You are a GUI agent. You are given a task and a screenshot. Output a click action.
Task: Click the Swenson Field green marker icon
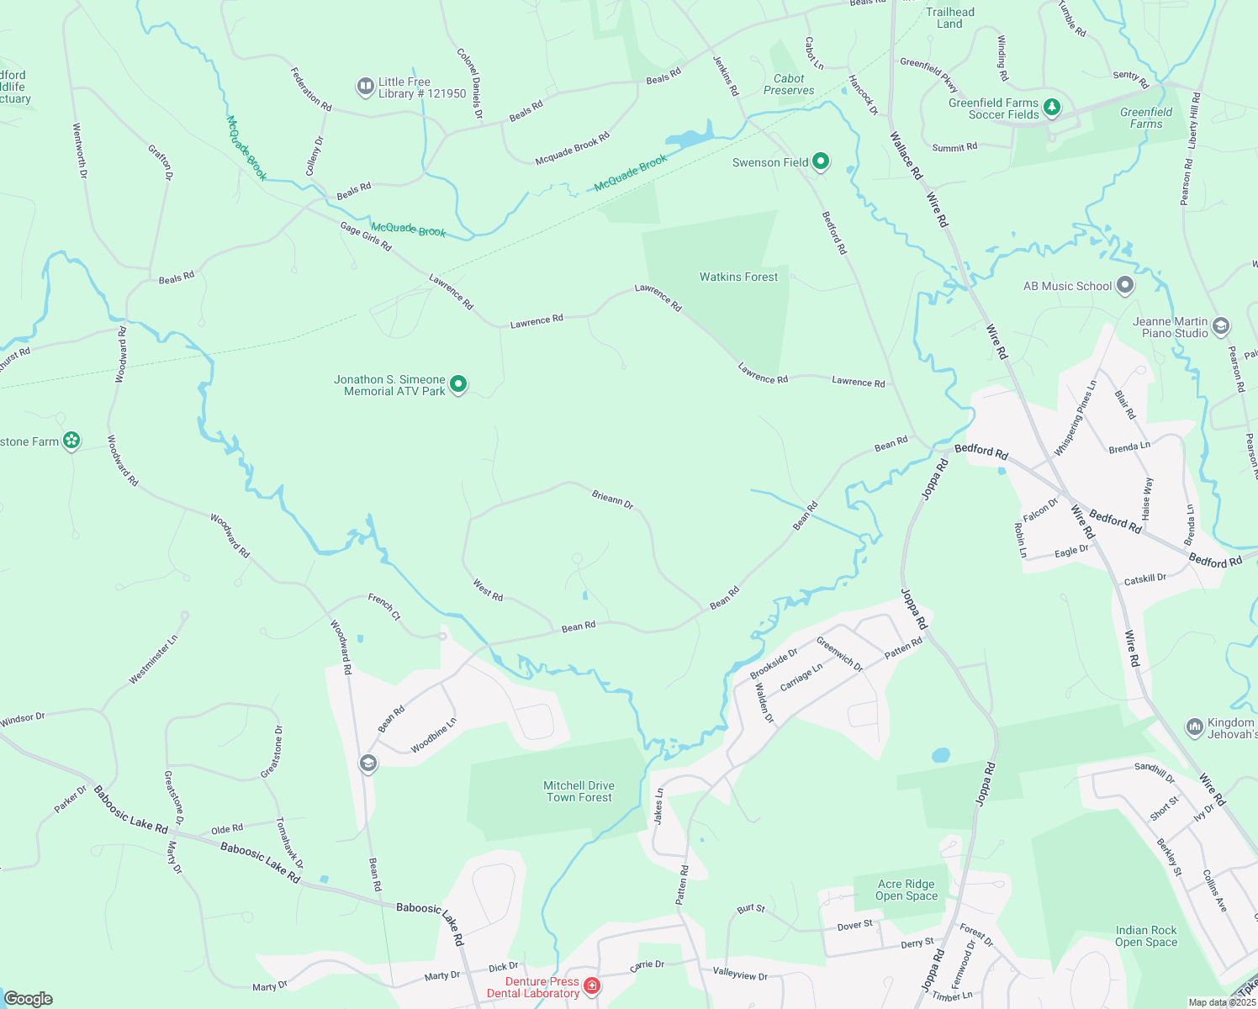[821, 161]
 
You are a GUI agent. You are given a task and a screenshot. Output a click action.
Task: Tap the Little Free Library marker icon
[365, 86]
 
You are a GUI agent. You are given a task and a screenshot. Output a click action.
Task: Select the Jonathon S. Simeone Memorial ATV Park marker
[458, 384]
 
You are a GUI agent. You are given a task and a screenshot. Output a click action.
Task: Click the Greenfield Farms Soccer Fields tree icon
[1051, 107]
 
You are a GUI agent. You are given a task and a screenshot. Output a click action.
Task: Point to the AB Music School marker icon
[1125, 286]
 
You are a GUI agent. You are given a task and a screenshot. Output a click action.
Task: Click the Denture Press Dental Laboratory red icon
[592, 985]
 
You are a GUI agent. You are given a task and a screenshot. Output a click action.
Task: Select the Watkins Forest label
[738, 277]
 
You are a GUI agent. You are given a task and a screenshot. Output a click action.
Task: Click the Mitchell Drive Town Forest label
[579, 791]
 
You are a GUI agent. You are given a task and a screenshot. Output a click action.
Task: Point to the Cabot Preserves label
[789, 84]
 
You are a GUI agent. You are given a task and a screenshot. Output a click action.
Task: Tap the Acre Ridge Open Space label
[906, 890]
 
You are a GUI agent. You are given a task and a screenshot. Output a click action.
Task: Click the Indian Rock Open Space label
[1145, 936]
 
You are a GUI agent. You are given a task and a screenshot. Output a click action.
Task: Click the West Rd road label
[488, 589]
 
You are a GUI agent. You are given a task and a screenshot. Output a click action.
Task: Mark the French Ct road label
[384, 606]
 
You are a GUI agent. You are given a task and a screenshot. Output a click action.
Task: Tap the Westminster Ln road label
[153, 659]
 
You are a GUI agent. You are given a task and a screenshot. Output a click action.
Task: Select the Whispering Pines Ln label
[1076, 418]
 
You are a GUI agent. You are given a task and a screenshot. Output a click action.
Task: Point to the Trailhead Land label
[949, 18]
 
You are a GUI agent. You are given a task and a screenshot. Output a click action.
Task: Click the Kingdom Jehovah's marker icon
[1194, 726]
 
